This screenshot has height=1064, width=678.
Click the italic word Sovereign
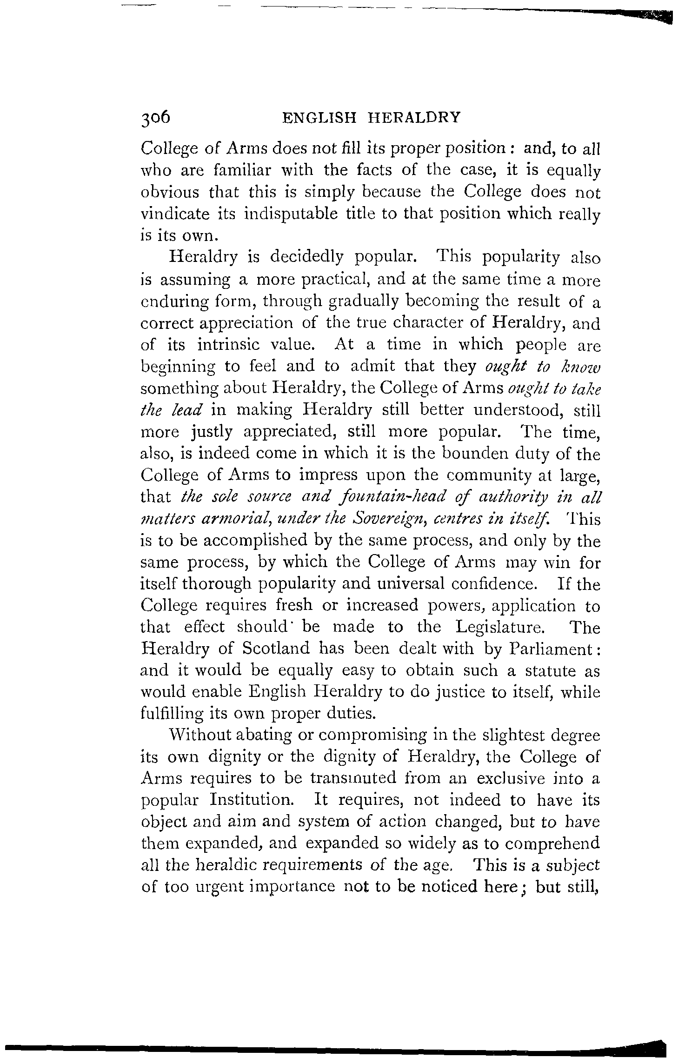coord(393,519)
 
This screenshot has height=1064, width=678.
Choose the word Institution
coord(251,801)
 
